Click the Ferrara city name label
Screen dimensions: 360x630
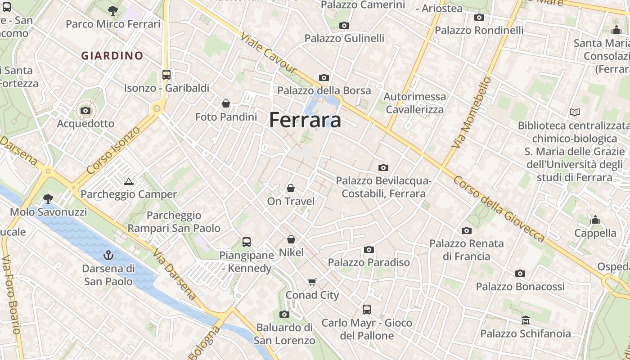pos(305,120)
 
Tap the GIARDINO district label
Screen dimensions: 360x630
pos(112,56)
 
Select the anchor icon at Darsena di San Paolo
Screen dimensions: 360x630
pos(108,256)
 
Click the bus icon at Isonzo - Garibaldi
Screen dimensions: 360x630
pos(166,75)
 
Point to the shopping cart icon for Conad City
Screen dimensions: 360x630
pos(312,282)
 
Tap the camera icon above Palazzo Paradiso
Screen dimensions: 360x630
pos(369,249)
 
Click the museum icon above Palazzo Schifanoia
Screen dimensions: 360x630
pos(525,320)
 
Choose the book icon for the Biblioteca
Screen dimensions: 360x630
pos(574,112)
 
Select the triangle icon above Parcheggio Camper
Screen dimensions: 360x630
pos(129,182)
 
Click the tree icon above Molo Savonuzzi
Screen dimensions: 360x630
pos(48,198)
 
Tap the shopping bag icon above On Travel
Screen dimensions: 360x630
pos(291,188)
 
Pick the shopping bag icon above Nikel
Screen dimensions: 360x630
pos(291,239)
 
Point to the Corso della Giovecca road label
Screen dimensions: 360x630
pos(499,208)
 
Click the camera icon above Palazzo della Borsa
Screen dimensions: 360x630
pos(324,77)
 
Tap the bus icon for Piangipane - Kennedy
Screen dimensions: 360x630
pos(247,242)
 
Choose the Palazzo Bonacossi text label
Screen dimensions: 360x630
pos(520,287)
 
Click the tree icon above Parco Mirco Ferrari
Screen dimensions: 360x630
pos(113,11)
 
